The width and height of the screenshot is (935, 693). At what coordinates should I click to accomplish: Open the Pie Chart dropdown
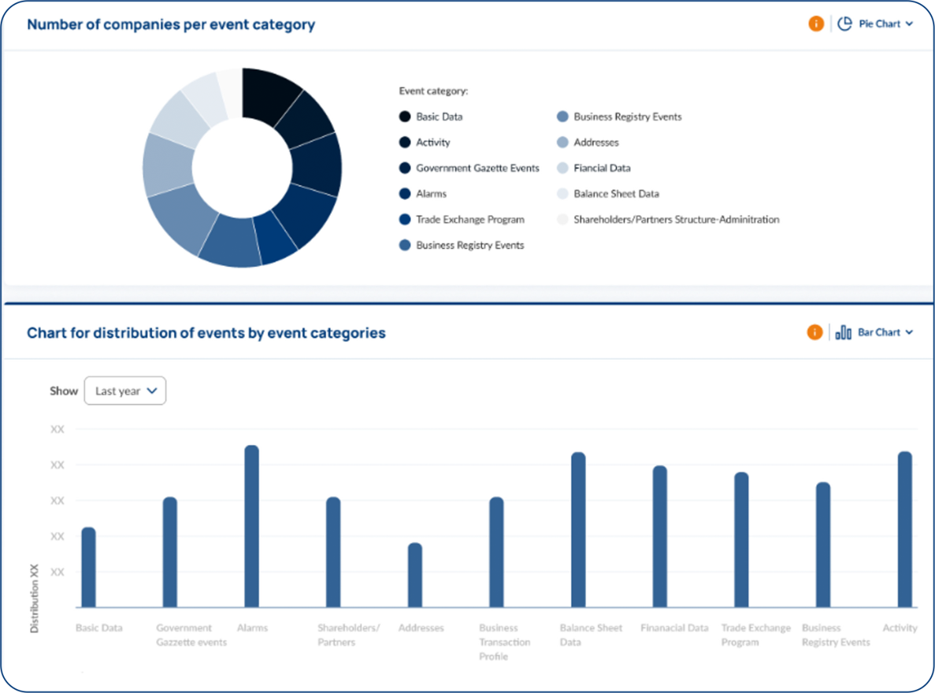[x=875, y=24]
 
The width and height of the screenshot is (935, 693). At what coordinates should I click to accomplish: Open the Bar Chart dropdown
[x=874, y=332]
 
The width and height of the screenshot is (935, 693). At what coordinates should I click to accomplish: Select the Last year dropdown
[x=125, y=391]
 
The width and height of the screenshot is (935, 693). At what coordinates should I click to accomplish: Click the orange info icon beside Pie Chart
[x=816, y=24]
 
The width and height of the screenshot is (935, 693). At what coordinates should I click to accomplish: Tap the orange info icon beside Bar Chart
[x=814, y=332]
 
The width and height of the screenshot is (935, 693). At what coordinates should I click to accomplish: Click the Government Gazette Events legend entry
[x=477, y=168]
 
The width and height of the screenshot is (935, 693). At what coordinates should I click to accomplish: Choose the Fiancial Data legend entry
[x=602, y=168]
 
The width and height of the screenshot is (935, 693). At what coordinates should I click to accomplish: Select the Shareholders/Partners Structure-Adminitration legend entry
[x=676, y=220]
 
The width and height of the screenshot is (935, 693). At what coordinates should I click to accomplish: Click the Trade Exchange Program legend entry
[x=469, y=220]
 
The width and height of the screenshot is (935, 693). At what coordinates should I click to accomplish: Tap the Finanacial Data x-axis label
[x=674, y=628]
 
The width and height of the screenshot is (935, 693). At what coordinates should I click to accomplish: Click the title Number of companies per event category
[x=171, y=24]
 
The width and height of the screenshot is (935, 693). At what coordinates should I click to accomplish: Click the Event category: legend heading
[x=433, y=91]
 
